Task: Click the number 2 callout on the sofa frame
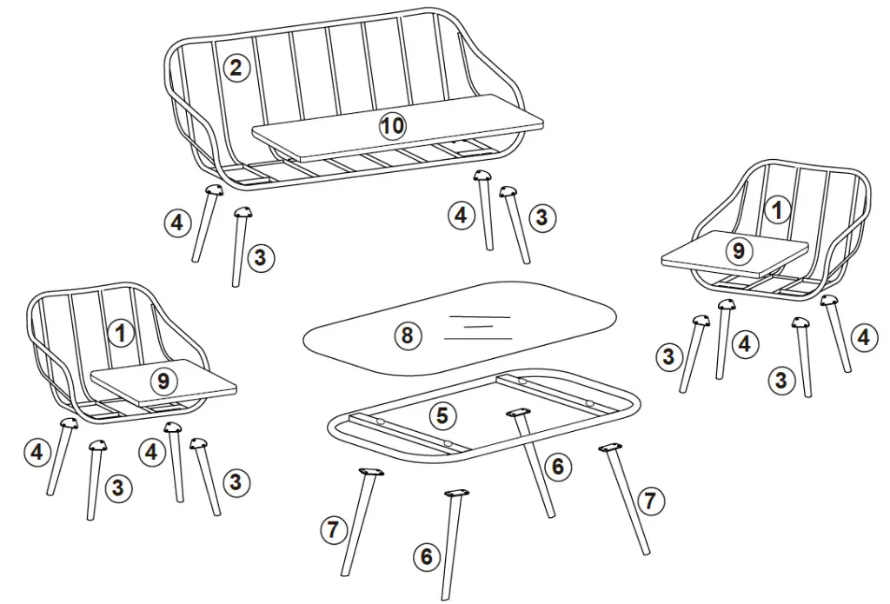[236, 68]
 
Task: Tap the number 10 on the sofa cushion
[393, 126]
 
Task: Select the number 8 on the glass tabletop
[406, 335]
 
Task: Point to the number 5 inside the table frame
[442, 415]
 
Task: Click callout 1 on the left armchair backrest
[121, 332]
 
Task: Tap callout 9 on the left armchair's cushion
[162, 380]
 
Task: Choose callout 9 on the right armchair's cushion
[738, 251]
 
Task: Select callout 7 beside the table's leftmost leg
[333, 528]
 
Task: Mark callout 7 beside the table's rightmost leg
[652, 501]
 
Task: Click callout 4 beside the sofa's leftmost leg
[177, 222]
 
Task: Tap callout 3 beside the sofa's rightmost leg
[541, 217]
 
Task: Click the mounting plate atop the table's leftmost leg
[371, 472]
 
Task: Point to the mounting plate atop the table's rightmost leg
[611, 448]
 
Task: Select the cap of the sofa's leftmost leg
[213, 190]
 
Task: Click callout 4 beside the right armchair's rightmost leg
[862, 337]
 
